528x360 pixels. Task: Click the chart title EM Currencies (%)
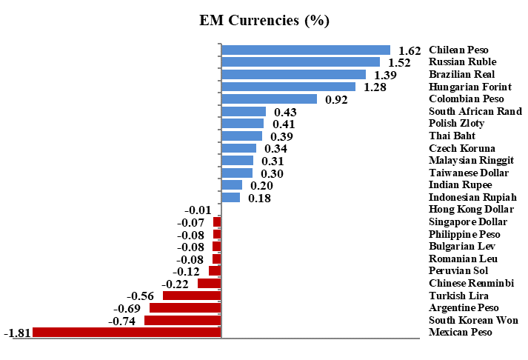click(x=264, y=20)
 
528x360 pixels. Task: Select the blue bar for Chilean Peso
click(x=306, y=50)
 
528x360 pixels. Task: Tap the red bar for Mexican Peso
click(x=127, y=332)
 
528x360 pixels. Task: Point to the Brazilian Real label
click(x=462, y=74)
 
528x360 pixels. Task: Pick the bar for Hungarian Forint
click(x=288, y=87)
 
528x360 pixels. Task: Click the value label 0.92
click(x=337, y=99)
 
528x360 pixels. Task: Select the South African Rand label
click(x=475, y=111)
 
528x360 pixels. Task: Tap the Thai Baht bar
click(x=242, y=136)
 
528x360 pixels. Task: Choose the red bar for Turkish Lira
click(x=192, y=295)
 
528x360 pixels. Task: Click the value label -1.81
click(x=17, y=333)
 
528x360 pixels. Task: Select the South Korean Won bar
click(x=183, y=320)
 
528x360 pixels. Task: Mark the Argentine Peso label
click(x=464, y=307)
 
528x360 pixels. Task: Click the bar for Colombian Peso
click(x=270, y=99)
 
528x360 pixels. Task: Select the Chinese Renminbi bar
click(x=210, y=283)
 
